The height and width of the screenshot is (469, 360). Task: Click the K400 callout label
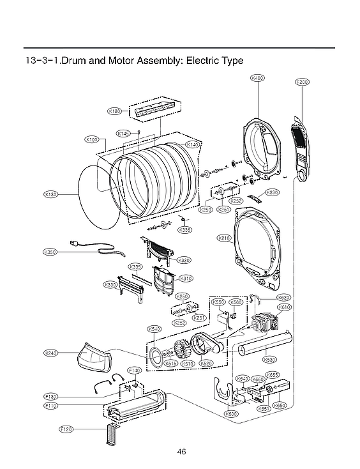coord(258,78)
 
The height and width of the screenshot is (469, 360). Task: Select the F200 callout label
coord(302,82)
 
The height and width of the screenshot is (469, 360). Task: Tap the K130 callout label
coord(51,194)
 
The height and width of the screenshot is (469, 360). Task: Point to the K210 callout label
coord(224,238)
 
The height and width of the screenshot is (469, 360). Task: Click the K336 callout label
coord(184,230)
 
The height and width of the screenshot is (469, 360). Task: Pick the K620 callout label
coord(284,298)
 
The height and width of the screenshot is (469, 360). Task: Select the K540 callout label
coord(154,328)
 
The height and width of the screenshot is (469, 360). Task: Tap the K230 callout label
coord(273,192)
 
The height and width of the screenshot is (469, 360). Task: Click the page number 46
coord(181,452)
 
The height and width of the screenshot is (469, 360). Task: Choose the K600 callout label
coord(231,414)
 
